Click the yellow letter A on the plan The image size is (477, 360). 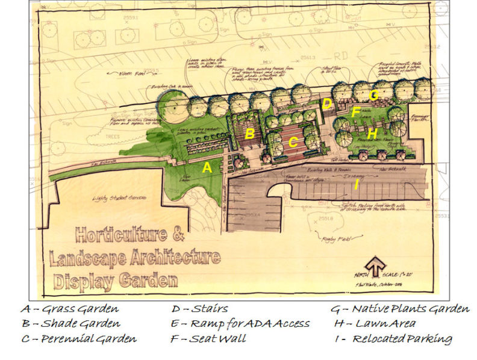click(x=207, y=169)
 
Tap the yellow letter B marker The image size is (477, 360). click(x=249, y=134)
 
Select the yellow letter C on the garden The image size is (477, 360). click(x=293, y=143)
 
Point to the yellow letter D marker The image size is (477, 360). click(x=326, y=104)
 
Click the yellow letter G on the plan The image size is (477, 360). click(x=373, y=95)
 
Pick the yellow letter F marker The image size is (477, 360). click(x=356, y=112)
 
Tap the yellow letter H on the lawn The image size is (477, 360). click(x=372, y=134)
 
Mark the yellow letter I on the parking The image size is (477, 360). click(x=357, y=185)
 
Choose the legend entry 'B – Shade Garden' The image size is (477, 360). click(x=70, y=324)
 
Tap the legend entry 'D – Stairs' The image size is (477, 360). click(x=200, y=309)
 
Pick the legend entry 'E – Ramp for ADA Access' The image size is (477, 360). click(x=240, y=324)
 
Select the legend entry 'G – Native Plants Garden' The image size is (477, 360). click(x=399, y=309)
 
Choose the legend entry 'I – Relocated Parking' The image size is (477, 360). click(x=393, y=338)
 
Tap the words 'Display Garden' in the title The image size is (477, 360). click(x=116, y=281)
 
